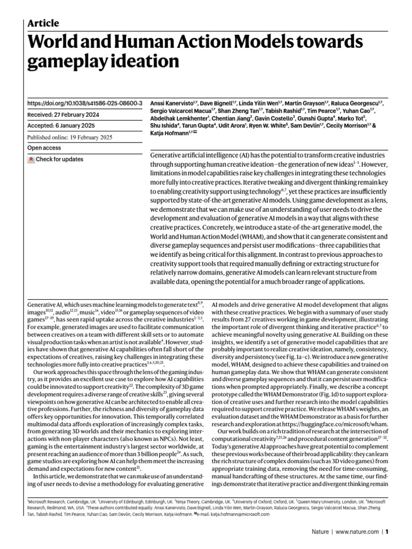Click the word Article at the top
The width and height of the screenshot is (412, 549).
tap(43, 23)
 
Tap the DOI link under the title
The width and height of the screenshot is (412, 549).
tap(84, 102)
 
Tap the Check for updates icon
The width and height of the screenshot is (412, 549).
tap(31, 159)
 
